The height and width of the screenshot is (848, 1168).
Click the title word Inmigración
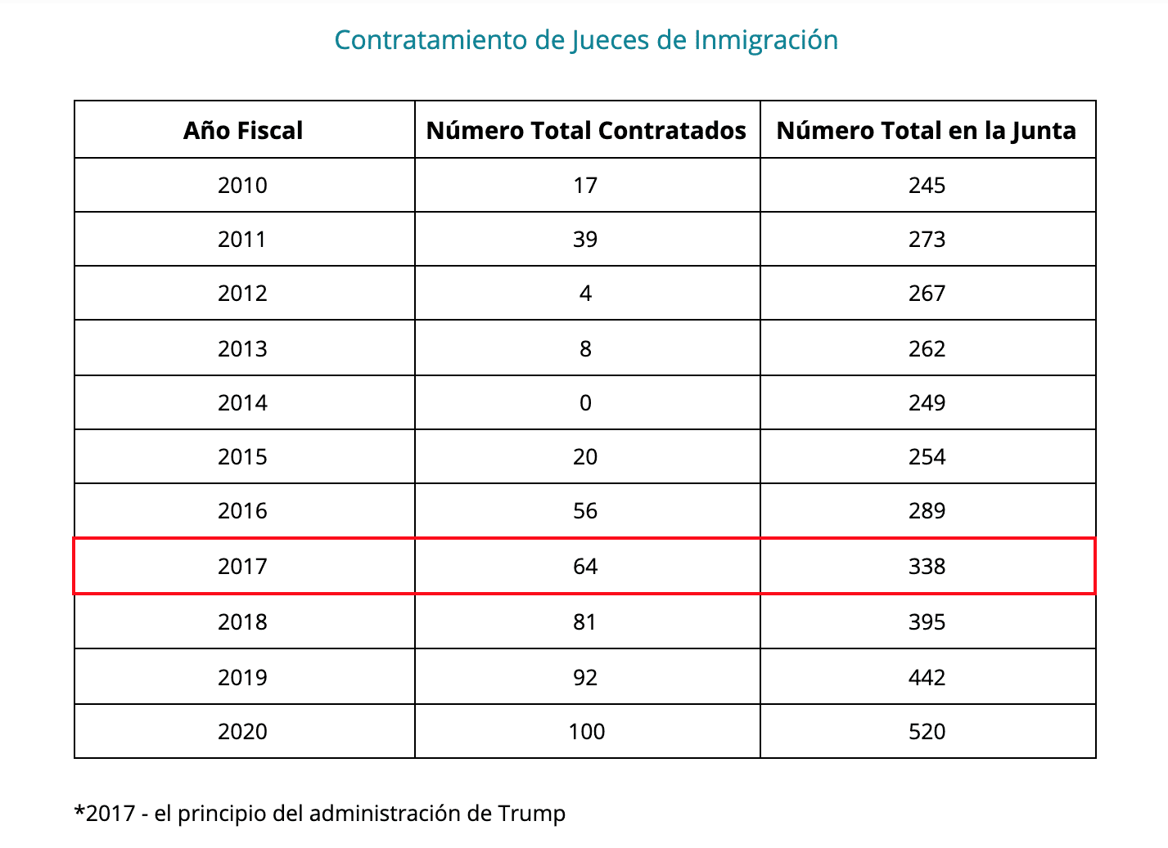(765, 40)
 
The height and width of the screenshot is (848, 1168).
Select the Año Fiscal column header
(243, 131)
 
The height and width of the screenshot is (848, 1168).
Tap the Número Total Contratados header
(586, 131)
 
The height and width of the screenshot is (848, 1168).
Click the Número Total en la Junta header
(927, 131)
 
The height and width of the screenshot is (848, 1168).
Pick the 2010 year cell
(242, 186)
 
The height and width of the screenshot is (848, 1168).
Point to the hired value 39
(585, 240)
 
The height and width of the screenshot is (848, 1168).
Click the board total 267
(927, 294)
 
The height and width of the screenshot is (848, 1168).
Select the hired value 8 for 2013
(585, 349)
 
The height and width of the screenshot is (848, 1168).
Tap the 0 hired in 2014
(585, 403)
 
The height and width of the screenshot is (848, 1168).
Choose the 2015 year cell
(242, 457)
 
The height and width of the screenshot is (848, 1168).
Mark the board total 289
(927, 511)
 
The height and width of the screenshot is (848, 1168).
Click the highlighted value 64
(585, 567)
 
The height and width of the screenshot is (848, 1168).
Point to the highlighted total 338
(927, 567)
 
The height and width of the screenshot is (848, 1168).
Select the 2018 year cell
(242, 622)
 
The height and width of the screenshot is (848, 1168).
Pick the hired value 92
(585, 678)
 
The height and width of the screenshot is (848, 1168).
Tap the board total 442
(927, 678)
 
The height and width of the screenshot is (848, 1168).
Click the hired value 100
(587, 732)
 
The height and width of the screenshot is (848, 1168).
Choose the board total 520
(927, 732)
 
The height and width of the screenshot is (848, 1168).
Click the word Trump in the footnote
(531, 814)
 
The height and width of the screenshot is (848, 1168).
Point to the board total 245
(927, 186)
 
